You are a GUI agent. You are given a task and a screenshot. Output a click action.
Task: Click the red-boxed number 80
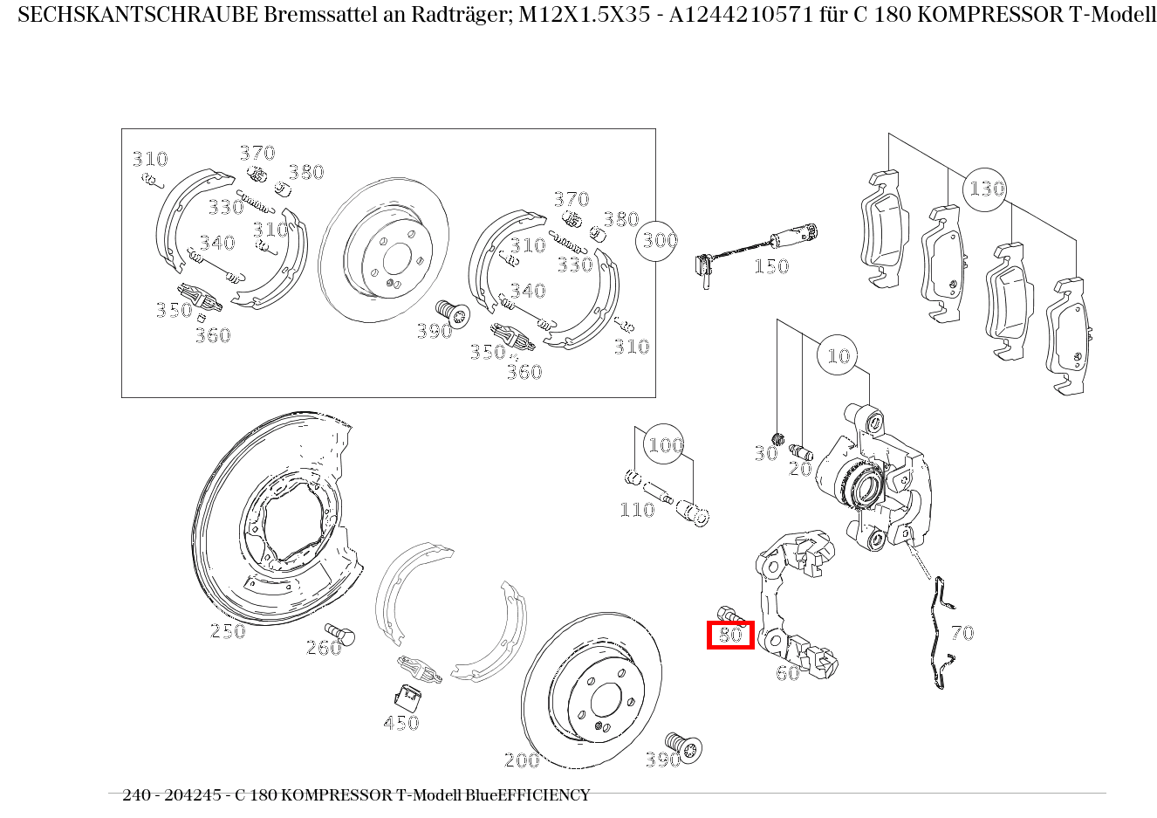(x=730, y=635)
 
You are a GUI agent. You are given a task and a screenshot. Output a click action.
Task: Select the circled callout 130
(x=986, y=189)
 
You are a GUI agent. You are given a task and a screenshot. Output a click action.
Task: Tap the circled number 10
(x=838, y=356)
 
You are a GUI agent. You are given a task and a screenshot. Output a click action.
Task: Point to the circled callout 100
(x=665, y=445)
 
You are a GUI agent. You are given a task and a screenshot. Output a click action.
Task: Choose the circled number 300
(x=660, y=240)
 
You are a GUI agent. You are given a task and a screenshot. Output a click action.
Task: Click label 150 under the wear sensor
(x=771, y=266)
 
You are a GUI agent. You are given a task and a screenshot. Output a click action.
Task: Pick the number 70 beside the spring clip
(x=962, y=633)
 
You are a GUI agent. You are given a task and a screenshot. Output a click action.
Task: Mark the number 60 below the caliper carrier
(x=787, y=673)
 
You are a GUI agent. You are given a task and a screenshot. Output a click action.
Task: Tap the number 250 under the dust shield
(x=228, y=631)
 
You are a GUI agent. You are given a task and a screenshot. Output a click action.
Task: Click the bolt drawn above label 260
(x=340, y=634)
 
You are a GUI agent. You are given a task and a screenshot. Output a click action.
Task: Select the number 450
(x=400, y=723)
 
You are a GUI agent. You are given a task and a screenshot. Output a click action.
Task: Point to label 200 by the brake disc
(x=522, y=760)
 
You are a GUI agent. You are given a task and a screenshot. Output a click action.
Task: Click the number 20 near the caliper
(x=800, y=469)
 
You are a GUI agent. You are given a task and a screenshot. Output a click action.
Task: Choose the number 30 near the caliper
(x=765, y=454)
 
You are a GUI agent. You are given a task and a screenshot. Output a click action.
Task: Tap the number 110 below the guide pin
(x=637, y=510)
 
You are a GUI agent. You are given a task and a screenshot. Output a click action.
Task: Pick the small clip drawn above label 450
(x=407, y=696)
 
